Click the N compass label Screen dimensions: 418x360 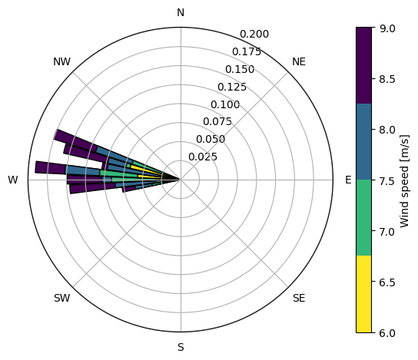[181, 12]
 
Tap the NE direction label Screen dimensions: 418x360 [299, 61]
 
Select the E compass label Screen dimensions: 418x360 [348, 180]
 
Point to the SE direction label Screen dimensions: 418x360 [299, 298]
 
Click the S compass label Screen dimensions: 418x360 [181, 347]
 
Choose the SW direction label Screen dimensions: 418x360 [61, 298]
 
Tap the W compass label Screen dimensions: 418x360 [13, 180]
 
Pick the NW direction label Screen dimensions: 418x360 [61, 61]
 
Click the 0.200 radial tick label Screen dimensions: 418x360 [254, 34]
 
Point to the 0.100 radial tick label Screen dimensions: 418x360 [225, 104]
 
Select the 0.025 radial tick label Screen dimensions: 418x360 [203, 157]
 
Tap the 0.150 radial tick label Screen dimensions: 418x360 [240, 70]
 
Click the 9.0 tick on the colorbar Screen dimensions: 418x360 [387, 28]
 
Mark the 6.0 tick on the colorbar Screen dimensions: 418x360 [387, 333]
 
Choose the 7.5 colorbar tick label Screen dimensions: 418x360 [387, 180]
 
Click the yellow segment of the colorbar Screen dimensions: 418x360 [363, 294]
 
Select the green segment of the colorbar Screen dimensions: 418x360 [363, 217]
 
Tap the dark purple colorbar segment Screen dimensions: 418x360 [363, 65]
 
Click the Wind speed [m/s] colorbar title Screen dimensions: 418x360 [404, 181]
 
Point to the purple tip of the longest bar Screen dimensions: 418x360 [51, 168]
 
